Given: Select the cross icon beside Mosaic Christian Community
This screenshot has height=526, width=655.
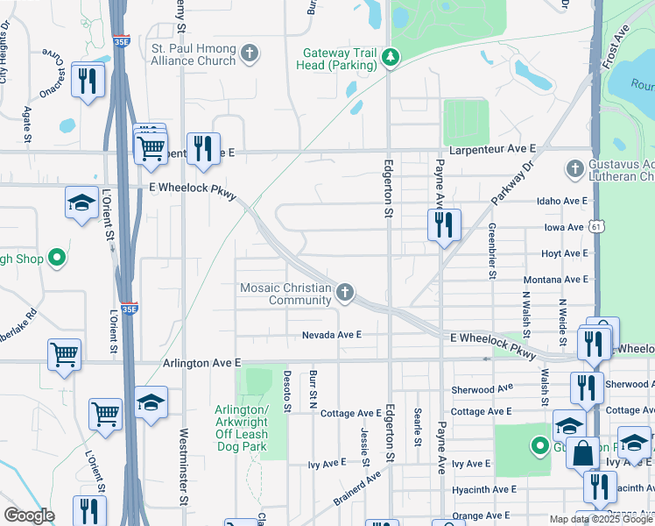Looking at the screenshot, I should click(x=346, y=293).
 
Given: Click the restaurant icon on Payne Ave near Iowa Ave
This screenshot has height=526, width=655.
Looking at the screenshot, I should click(x=444, y=224).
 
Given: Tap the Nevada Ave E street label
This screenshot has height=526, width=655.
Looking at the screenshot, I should click(x=332, y=335).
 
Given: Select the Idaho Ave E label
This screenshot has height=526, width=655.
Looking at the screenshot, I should click(x=562, y=201).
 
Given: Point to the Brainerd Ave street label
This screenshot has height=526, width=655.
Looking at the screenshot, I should click(x=357, y=487).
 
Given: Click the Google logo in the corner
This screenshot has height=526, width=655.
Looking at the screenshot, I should click(x=29, y=515).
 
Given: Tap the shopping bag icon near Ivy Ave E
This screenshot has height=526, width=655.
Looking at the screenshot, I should click(x=582, y=453).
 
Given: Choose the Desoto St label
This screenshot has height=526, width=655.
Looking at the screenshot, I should click(x=286, y=391).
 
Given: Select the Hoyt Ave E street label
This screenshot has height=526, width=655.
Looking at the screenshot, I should click(x=565, y=253).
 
